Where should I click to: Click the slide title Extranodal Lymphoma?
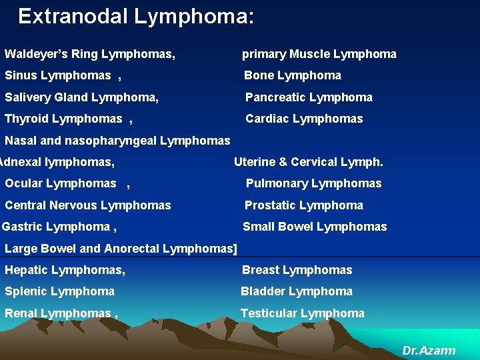(x=135, y=16)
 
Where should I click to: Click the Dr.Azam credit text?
(x=429, y=350)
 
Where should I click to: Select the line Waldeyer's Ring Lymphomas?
(x=90, y=54)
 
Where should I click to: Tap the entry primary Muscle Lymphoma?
(x=319, y=54)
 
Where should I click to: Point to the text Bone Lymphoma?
(x=292, y=75)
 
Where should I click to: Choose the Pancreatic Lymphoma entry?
(x=309, y=97)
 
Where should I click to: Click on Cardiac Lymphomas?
(x=304, y=119)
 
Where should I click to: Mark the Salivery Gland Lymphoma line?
(x=81, y=97)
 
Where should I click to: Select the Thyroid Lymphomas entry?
(x=63, y=119)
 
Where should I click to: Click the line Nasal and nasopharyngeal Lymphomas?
(x=117, y=141)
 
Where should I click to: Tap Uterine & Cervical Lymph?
(x=308, y=162)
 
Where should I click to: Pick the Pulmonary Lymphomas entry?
(x=313, y=183)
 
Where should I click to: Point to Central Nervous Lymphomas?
(x=87, y=205)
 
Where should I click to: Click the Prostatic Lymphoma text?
(x=303, y=205)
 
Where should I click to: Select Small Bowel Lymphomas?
(x=314, y=227)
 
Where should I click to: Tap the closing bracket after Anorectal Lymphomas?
(x=235, y=249)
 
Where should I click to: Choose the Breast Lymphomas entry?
(x=297, y=270)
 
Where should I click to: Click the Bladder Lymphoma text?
(x=296, y=291)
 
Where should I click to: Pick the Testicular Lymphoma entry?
(x=302, y=313)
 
